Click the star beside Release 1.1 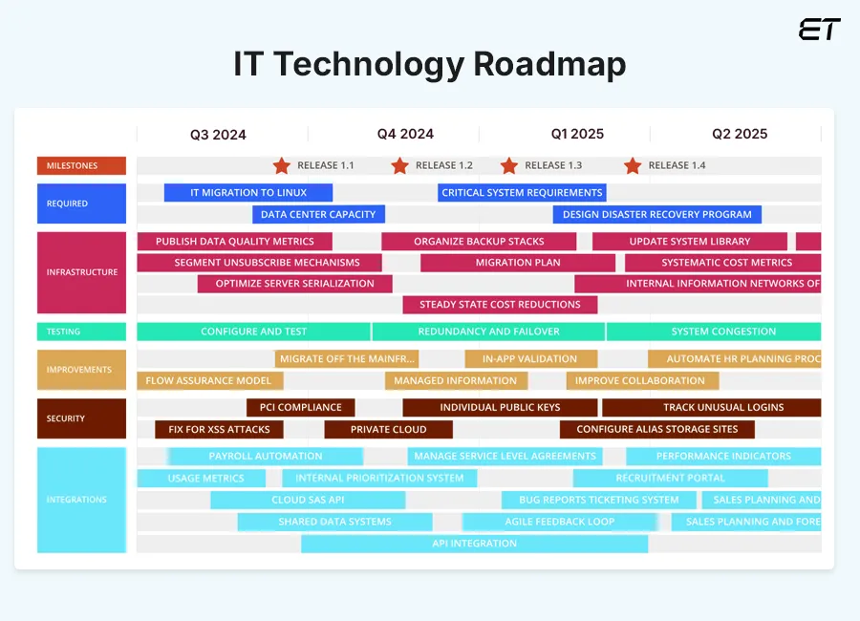(281, 166)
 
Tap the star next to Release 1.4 (632, 166)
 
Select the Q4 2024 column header (405, 134)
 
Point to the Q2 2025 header (740, 134)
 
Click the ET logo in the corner (819, 30)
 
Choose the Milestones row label (81, 166)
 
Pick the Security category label (81, 418)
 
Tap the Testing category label (81, 332)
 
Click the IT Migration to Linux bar (248, 192)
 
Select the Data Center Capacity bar (319, 214)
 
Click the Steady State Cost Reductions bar (500, 305)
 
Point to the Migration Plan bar (518, 263)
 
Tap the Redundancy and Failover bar (488, 332)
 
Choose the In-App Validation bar (530, 359)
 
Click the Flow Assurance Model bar (210, 380)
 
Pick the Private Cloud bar (388, 430)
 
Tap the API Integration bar (474, 544)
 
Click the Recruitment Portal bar (670, 478)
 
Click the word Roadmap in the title (550, 64)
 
